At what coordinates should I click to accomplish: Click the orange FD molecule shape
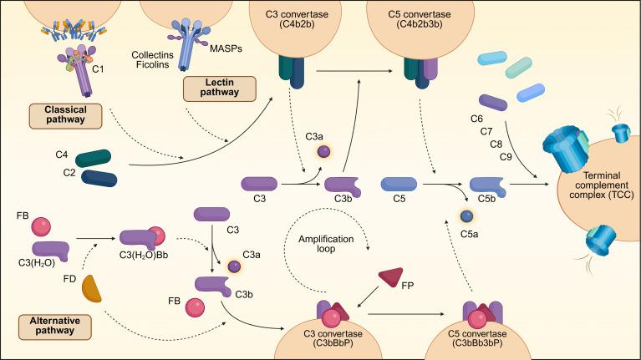(94, 288)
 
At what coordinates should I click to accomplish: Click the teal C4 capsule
(98, 157)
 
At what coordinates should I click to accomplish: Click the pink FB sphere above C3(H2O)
(43, 226)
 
